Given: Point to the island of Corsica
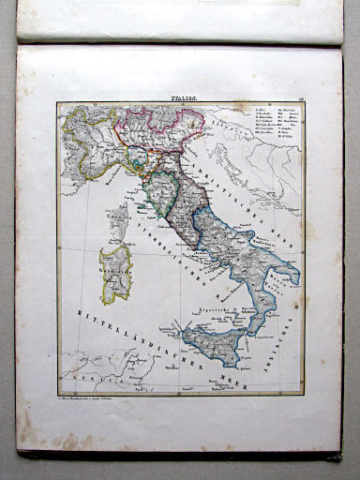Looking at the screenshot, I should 119,220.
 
